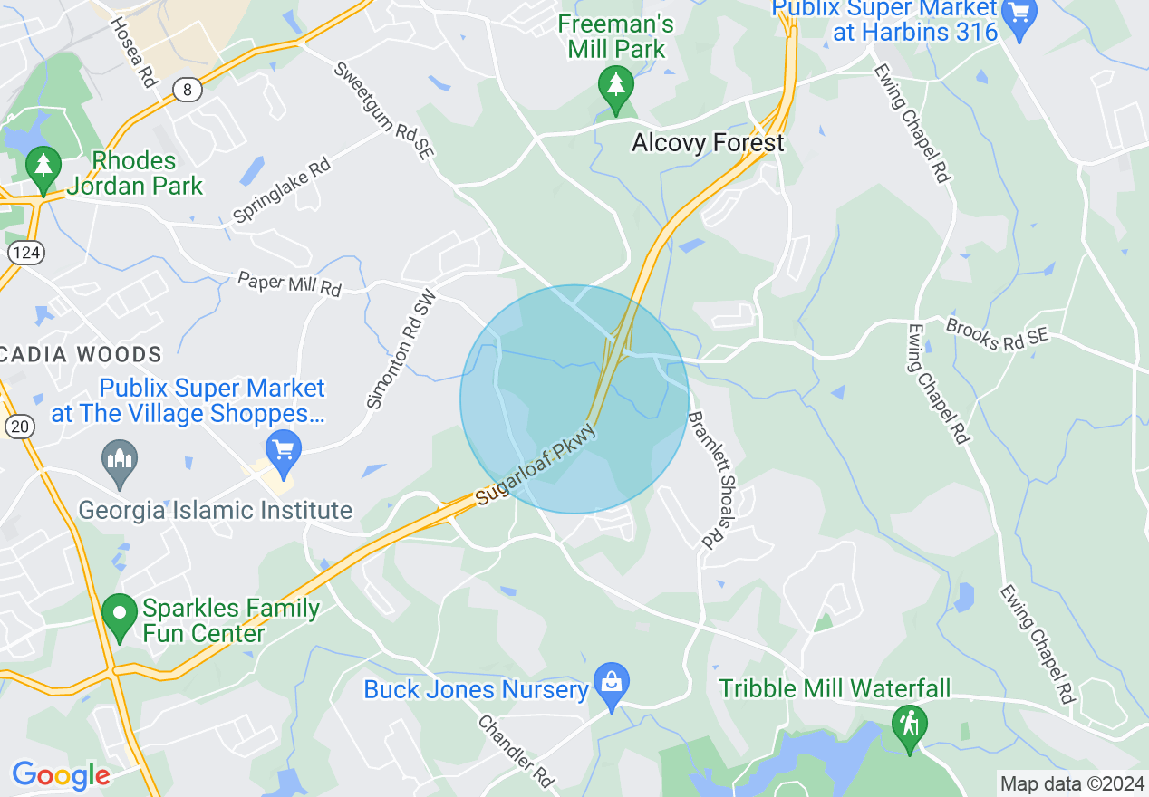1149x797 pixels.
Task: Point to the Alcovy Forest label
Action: point(708,143)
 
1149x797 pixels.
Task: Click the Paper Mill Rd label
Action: point(289,283)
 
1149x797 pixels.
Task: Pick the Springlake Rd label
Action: point(282,191)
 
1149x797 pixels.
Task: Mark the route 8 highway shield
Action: point(188,89)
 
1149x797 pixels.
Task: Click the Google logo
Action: point(61,775)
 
